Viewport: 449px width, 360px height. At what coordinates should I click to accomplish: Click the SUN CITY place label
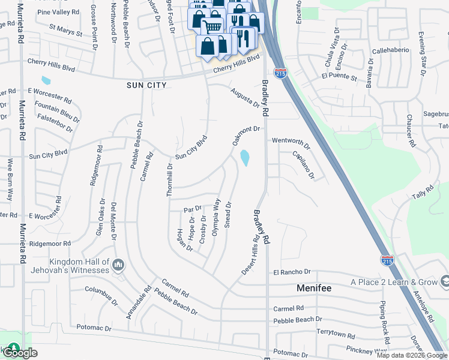[x=146, y=86]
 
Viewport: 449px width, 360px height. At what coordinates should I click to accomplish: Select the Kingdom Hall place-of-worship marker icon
[x=118, y=265]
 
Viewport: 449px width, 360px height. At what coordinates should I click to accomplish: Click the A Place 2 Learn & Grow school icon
[x=444, y=281]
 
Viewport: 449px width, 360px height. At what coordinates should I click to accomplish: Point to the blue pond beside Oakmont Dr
[x=245, y=158]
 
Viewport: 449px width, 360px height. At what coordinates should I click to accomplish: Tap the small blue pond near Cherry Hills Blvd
[x=46, y=80]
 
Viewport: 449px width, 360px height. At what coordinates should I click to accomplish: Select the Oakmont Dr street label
[x=246, y=137]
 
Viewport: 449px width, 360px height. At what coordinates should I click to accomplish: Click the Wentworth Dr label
[x=291, y=142]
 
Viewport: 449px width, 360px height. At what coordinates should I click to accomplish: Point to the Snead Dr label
[x=228, y=214]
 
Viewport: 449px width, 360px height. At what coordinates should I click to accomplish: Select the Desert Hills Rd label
[x=250, y=254]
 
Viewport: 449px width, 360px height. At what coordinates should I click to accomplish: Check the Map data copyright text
[x=412, y=355]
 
